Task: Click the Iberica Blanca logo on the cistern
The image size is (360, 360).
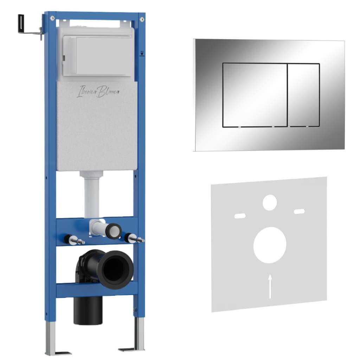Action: [x=98, y=92]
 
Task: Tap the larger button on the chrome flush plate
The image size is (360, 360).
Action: [x=255, y=95]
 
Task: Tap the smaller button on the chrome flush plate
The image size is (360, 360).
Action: [x=303, y=95]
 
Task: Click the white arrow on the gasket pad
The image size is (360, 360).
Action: [x=270, y=286]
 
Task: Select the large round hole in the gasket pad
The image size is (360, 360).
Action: [x=270, y=245]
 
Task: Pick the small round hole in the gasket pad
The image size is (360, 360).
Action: [x=270, y=203]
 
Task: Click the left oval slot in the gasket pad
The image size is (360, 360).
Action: [x=240, y=216]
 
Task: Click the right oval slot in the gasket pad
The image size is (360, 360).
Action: [x=300, y=211]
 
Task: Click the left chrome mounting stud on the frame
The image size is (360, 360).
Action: [x=74, y=240]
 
